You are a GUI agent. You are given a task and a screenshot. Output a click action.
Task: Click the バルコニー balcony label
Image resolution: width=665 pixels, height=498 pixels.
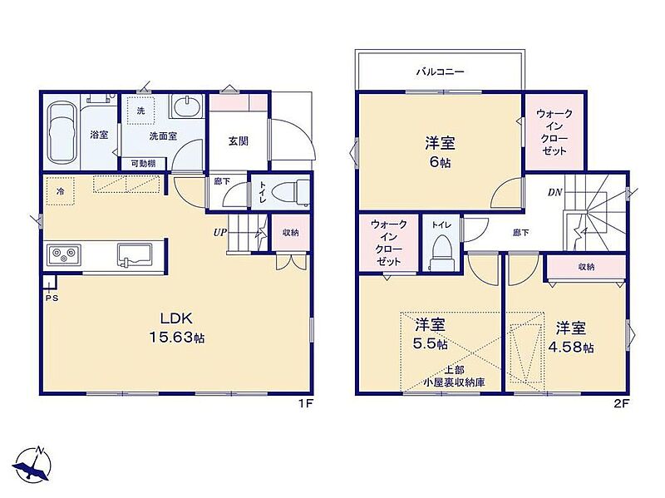[440, 71]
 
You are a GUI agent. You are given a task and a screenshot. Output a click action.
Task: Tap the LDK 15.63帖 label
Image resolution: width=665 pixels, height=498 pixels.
[176, 328]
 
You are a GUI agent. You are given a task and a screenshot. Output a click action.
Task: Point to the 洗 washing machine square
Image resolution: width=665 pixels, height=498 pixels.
[140, 111]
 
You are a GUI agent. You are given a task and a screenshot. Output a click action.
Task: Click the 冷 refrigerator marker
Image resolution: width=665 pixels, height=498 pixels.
[61, 191]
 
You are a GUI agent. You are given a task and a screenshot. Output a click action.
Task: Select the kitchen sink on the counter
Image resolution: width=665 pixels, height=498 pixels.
[135, 255]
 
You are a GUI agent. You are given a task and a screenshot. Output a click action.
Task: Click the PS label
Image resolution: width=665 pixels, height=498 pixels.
[52, 298]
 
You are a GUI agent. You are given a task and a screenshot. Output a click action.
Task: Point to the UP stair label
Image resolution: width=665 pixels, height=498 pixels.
[219, 233]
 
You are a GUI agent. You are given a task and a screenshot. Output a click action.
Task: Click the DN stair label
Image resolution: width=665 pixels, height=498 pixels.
[554, 193]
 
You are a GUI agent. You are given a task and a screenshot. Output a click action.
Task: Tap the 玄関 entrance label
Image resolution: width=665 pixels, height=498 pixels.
[239, 141]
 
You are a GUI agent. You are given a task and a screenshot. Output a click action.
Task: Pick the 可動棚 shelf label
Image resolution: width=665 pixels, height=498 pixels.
[143, 163]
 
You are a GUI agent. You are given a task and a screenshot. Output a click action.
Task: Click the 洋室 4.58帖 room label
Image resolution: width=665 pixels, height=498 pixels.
[571, 338]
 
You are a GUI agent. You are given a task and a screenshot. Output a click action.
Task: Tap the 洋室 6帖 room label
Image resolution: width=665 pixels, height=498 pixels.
[440, 152]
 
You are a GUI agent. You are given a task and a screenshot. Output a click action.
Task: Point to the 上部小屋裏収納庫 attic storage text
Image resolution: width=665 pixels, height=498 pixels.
[454, 377]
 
